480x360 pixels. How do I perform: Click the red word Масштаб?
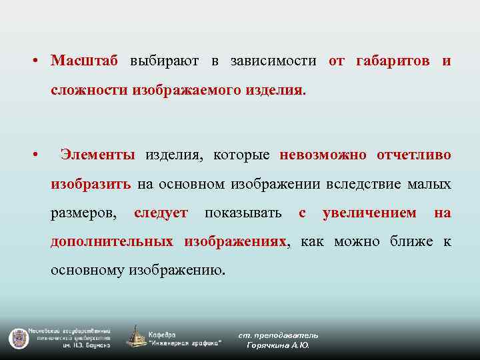84,61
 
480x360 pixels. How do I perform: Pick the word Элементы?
97,155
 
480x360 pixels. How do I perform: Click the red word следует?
161,213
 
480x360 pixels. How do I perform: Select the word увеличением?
369,213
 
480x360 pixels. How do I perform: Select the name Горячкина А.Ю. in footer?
278,345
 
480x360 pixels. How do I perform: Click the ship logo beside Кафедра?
137,337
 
